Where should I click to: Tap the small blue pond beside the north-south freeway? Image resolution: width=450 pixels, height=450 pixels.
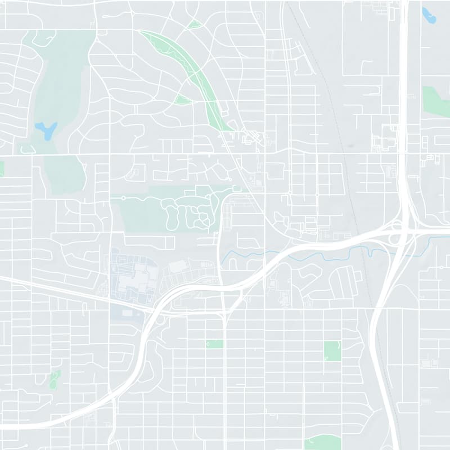point(429,15)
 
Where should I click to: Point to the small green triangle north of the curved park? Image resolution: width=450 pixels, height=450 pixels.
point(195,25)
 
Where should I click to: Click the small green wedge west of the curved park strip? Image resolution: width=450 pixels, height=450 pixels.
point(183,100)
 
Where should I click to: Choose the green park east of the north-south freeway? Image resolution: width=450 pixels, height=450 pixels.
point(436,101)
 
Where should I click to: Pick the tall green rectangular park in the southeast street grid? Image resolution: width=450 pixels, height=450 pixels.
point(332,351)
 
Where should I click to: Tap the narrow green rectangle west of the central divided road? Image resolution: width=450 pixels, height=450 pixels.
point(214,344)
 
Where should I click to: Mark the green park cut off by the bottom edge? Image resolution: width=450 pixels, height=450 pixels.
point(323,443)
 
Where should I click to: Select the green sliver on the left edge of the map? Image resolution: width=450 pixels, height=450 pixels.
point(2,168)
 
